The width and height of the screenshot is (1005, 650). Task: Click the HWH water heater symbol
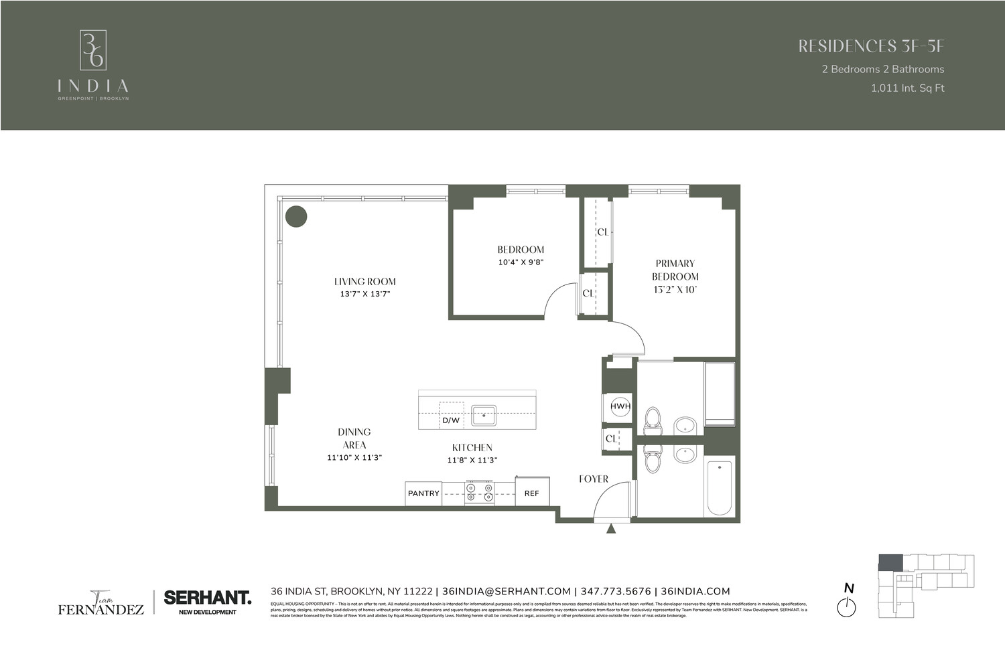point(620,406)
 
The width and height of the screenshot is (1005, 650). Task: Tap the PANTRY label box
point(423,493)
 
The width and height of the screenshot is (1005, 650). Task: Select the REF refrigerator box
point(532,493)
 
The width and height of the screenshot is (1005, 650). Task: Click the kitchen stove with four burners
point(480,492)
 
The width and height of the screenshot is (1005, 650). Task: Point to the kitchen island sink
point(483,416)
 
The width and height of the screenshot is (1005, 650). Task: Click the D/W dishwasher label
point(451,420)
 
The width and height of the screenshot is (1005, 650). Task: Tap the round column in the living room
point(296,216)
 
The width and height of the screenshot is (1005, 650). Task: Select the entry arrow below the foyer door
point(611,529)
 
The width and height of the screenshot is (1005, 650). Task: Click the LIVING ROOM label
point(365,282)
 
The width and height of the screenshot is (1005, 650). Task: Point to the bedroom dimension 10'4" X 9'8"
point(521,262)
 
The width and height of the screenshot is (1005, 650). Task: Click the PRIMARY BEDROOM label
point(675,270)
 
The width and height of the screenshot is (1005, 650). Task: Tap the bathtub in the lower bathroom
point(719,486)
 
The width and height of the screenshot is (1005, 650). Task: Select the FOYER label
point(594,479)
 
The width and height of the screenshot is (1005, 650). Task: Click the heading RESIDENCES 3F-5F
point(871,46)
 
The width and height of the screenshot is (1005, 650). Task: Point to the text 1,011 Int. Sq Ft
point(907,88)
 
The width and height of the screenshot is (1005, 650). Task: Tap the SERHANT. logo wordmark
point(207,597)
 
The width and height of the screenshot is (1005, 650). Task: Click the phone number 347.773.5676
point(616,591)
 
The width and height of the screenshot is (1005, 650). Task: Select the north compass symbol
point(847,607)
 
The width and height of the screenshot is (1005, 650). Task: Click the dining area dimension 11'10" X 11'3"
point(354,458)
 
